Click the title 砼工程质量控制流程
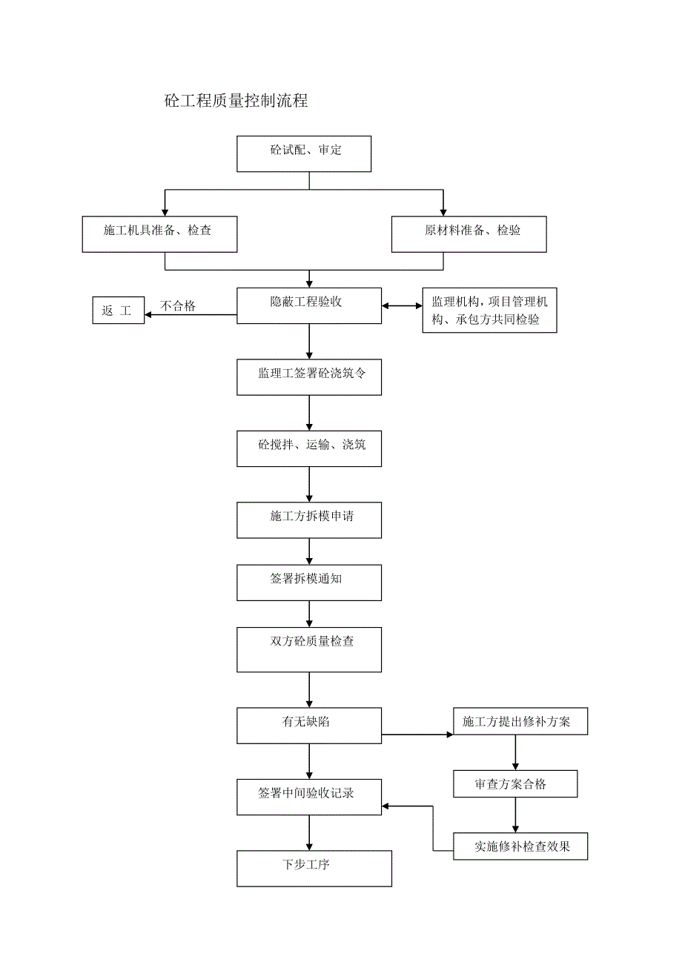click(x=236, y=102)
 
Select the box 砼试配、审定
click(x=304, y=154)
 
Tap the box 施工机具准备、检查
click(x=159, y=234)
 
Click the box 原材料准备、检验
click(x=469, y=234)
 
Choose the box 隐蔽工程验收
click(x=309, y=306)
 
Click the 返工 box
click(x=118, y=311)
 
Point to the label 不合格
click(x=178, y=306)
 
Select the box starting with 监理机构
click(x=489, y=311)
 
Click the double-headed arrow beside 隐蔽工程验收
click(x=402, y=306)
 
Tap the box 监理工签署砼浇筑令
click(x=309, y=377)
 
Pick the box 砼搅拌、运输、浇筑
click(x=309, y=448)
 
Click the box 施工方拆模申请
click(x=309, y=520)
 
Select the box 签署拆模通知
click(x=309, y=583)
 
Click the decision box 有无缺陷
click(x=309, y=726)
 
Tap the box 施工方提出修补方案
click(x=520, y=722)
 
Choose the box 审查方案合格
click(x=515, y=784)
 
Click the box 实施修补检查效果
click(x=520, y=846)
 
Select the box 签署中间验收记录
click(x=309, y=797)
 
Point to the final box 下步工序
click(x=314, y=869)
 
